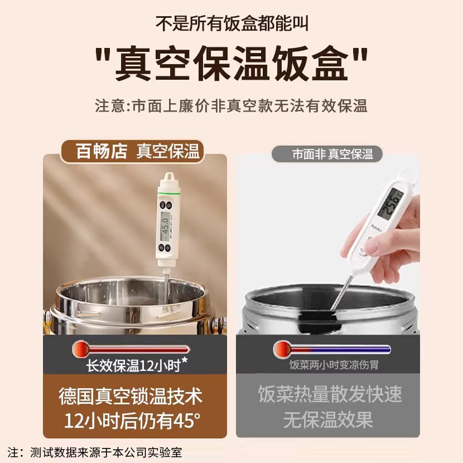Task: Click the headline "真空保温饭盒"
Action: point(231,65)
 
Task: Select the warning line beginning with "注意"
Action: point(231,106)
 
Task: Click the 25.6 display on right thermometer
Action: point(389,204)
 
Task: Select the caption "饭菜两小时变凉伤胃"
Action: point(330,365)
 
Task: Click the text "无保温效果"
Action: point(328,420)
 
